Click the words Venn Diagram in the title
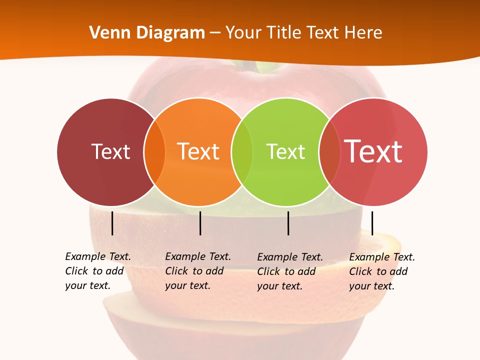click(x=147, y=33)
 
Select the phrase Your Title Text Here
click(x=303, y=33)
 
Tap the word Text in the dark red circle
click(x=110, y=151)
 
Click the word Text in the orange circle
click(x=198, y=151)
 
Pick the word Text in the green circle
click(x=285, y=151)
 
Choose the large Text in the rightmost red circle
click(x=373, y=151)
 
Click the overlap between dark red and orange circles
click(x=154, y=151)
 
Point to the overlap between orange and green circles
click(x=242, y=151)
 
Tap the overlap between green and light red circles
click(x=329, y=151)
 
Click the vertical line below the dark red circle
click(x=112, y=223)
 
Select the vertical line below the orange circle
click(x=200, y=223)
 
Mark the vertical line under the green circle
click(x=288, y=223)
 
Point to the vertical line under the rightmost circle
click(x=372, y=223)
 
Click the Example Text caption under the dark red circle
click(x=98, y=271)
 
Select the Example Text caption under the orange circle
click(x=198, y=271)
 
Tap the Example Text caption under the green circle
click(x=290, y=271)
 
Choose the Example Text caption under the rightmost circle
click(x=382, y=271)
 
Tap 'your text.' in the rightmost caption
click(x=371, y=286)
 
